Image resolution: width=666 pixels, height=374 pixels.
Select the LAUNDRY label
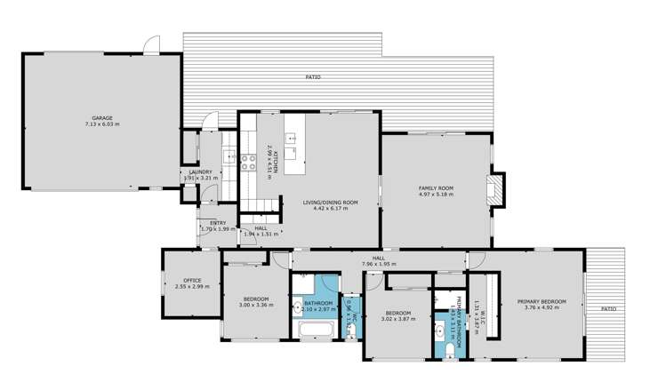pos(200,172)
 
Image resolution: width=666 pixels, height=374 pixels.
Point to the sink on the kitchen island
pos(291,139)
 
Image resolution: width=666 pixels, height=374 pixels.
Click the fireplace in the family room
pos(496,188)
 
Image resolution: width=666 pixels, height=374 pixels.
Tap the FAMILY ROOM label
pos(437,187)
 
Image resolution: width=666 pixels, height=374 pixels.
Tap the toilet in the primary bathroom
pos(452,351)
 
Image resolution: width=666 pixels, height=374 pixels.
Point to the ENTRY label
pos(218,223)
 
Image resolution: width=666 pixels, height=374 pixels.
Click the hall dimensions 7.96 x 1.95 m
pos(378,264)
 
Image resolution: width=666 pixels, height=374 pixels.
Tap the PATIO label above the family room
pos(313,78)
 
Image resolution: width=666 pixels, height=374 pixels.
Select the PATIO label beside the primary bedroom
pos(608,308)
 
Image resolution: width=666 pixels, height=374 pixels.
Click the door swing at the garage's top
pos(153,44)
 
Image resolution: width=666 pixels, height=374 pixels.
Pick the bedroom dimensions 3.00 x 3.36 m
pos(256,305)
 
